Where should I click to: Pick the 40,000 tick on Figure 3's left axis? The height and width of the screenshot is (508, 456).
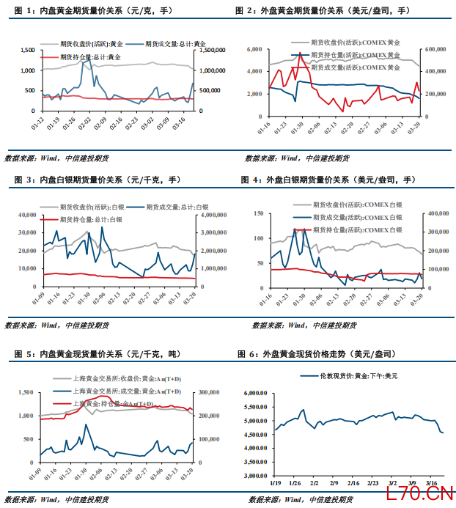[x=27, y=215]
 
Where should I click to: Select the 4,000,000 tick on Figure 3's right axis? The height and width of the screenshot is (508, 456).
[x=213, y=215]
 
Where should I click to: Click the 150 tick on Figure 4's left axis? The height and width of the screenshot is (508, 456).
[x=257, y=213]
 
